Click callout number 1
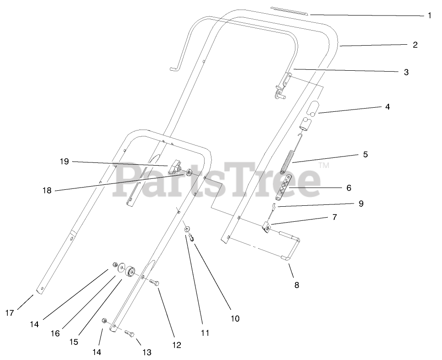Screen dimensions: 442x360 tap(429, 15)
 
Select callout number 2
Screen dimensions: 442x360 tap(415, 45)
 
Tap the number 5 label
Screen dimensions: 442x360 tap(365, 154)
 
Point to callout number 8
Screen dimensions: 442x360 tap(296, 285)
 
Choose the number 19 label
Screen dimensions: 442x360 tap(64, 161)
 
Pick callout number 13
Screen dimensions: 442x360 tap(147, 352)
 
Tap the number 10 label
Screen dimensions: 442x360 tap(235, 318)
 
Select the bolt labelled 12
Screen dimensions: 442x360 tap(154, 283)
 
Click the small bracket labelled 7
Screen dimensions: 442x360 tap(268, 226)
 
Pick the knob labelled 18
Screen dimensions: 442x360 tap(188, 173)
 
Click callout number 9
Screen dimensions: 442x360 tap(361, 203)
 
